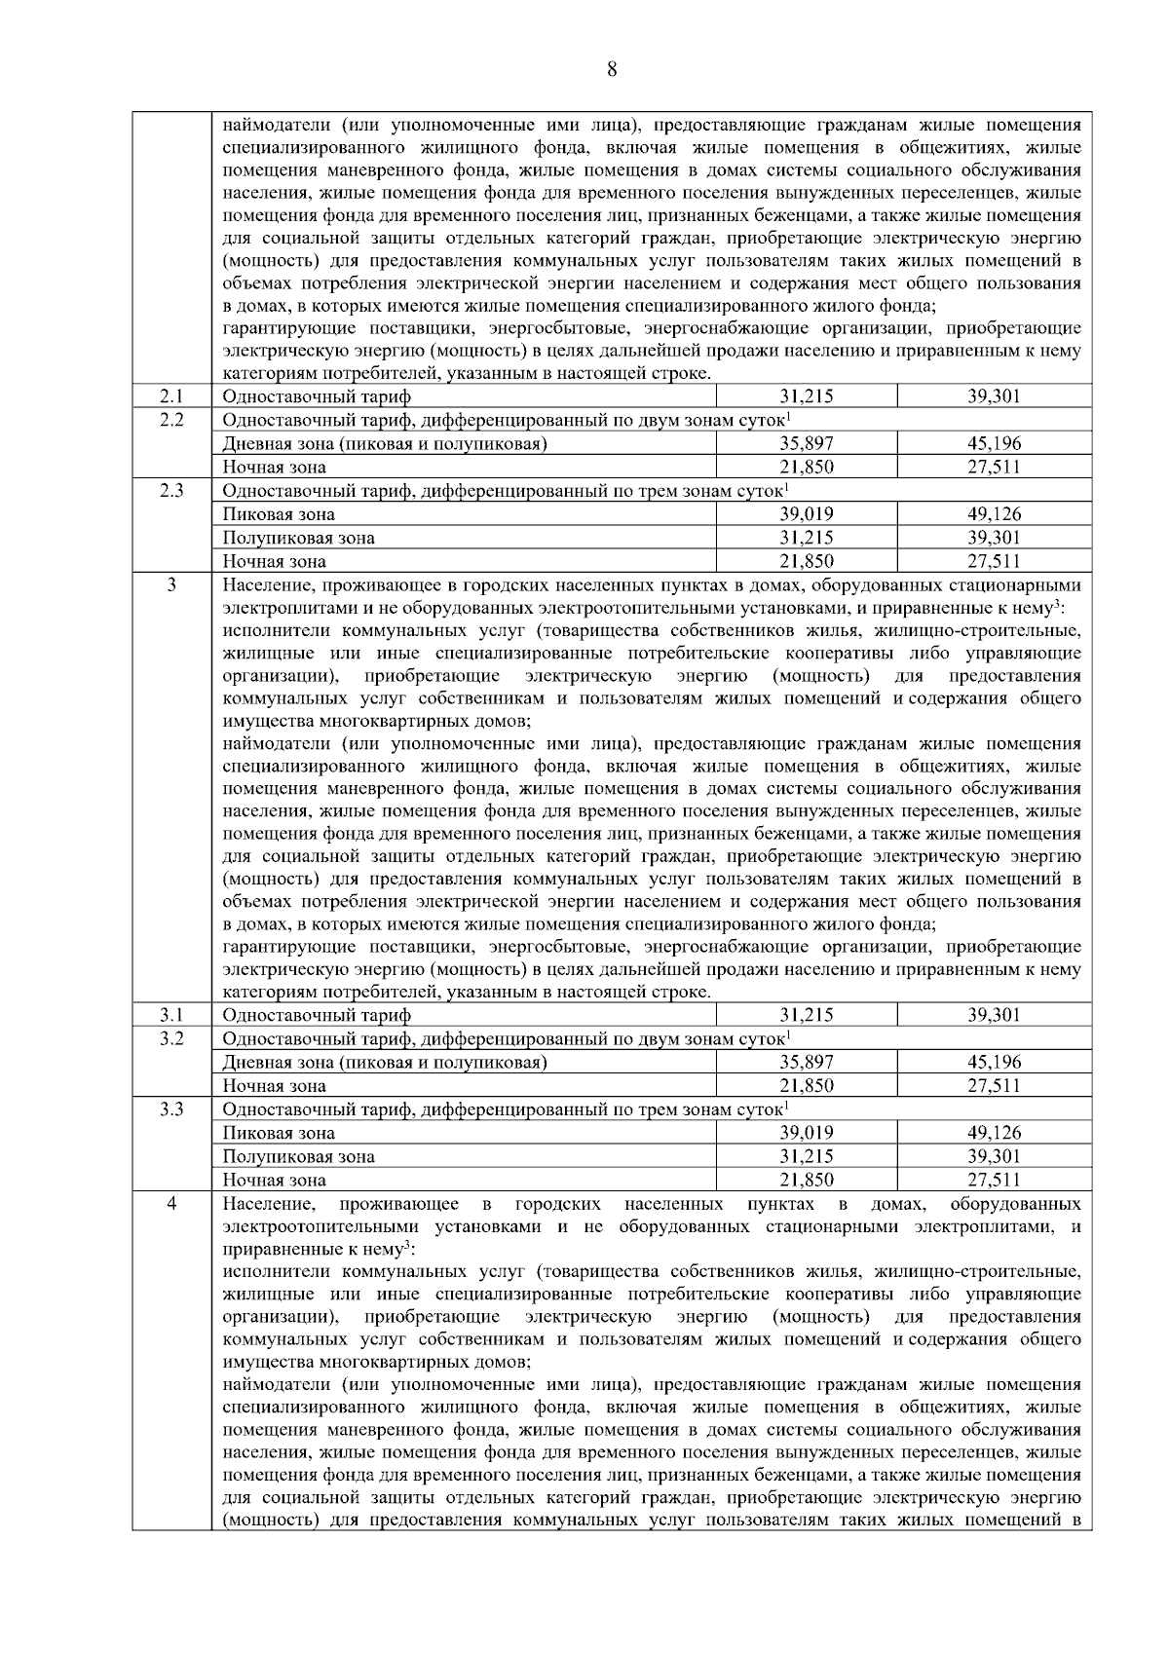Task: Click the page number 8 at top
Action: (612, 68)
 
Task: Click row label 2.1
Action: (171, 396)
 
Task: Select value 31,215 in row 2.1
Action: (806, 396)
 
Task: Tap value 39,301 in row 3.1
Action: (994, 1015)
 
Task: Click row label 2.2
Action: (171, 420)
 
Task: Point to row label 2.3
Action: (171, 490)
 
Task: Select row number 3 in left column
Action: (171, 584)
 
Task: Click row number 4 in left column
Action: (171, 1204)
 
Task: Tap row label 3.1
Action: (171, 1015)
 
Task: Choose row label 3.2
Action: (171, 1038)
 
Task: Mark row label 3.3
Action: (171, 1108)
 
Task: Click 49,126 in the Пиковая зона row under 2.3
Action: (994, 514)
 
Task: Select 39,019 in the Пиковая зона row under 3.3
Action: (806, 1133)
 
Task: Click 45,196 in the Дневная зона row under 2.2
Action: (994, 444)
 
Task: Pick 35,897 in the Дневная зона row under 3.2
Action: (806, 1063)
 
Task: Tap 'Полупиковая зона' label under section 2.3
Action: (298, 538)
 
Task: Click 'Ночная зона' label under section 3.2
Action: (274, 1086)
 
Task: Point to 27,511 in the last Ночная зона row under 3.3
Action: (994, 1181)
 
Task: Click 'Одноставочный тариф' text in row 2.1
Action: (317, 396)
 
